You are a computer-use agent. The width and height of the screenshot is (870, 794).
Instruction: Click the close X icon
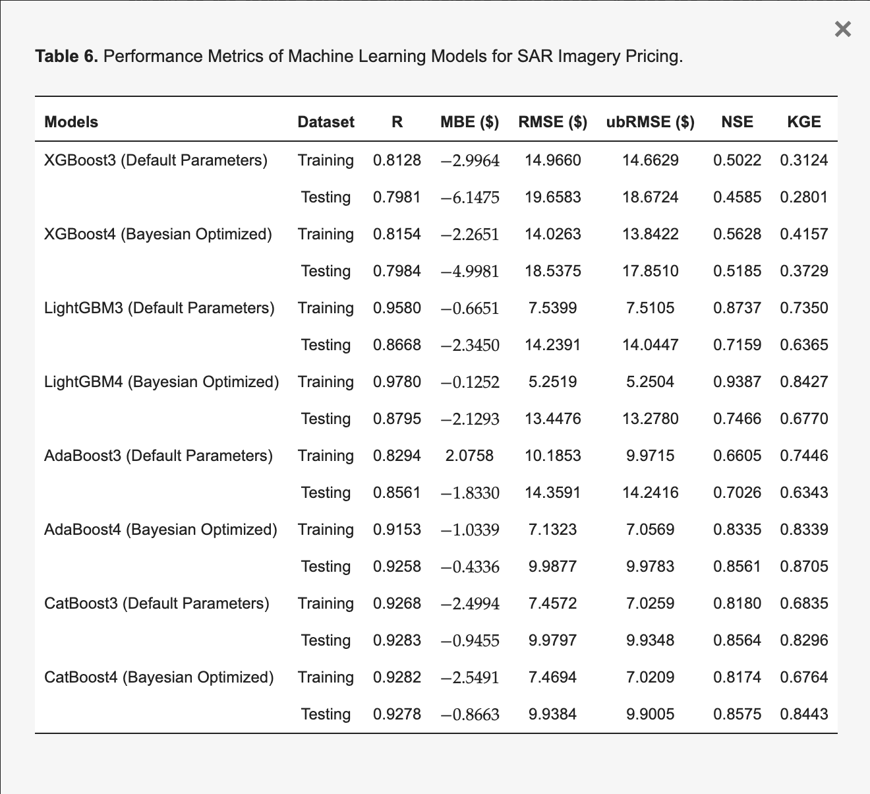843,29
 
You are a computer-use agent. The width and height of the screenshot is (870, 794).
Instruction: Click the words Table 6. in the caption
67,56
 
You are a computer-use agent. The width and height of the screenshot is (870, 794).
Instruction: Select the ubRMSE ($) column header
650,122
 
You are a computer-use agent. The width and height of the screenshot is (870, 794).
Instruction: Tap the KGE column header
804,122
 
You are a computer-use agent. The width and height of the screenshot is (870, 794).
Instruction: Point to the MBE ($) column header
470,122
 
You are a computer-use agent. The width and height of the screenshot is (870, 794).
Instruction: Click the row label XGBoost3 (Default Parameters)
156,160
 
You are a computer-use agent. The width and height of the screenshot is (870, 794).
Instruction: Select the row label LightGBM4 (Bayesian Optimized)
161,382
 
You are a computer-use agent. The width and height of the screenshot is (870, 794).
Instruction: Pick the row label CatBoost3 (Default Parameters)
157,603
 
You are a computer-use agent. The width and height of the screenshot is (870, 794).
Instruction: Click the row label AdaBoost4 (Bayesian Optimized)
160,530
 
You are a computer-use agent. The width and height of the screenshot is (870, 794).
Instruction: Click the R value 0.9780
397,382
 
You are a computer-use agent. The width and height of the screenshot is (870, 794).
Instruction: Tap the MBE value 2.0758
469,456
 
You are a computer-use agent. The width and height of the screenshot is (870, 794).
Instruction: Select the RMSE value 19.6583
552,197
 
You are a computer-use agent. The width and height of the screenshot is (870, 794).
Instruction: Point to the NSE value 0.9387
738,382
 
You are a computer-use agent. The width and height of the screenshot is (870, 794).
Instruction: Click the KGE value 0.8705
804,566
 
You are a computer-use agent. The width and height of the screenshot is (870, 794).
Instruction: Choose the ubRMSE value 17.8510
650,271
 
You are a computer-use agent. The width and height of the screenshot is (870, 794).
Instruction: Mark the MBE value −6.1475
470,198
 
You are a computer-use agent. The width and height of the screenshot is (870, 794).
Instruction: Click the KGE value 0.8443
804,714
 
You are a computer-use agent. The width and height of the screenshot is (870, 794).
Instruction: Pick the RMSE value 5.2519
552,382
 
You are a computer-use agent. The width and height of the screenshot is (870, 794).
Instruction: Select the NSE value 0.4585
738,197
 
